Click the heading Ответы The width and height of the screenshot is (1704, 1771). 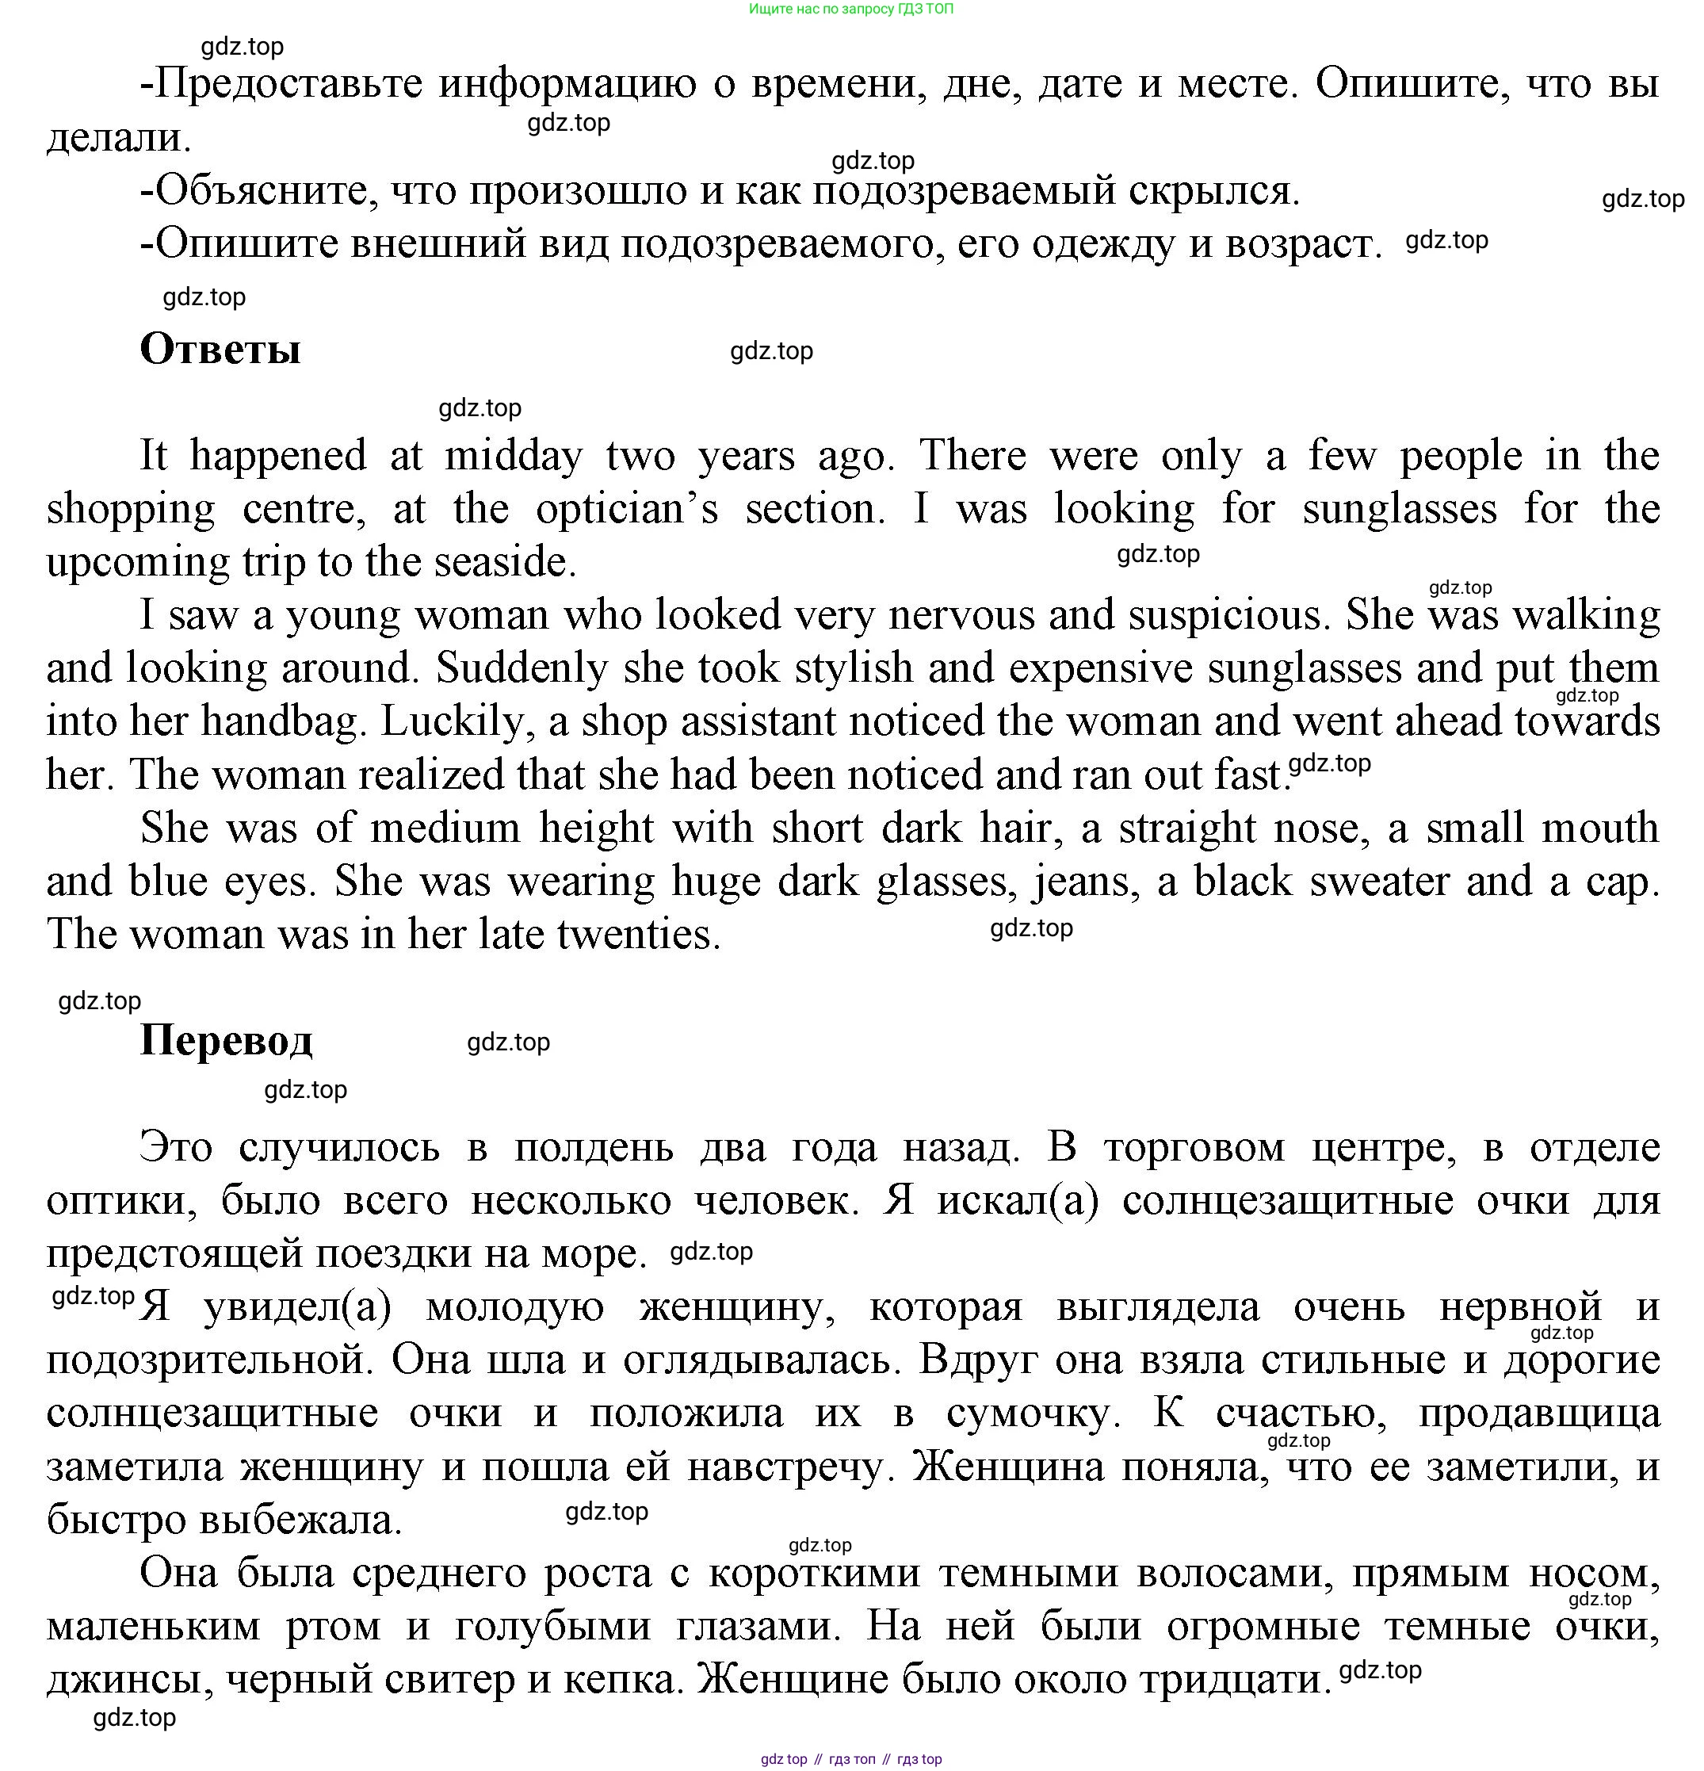(220, 349)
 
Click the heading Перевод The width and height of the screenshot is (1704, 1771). (226, 1040)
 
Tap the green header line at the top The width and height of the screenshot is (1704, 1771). (850, 9)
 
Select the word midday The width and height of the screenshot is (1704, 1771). (514, 455)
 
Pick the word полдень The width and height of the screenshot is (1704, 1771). (594, 1149)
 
